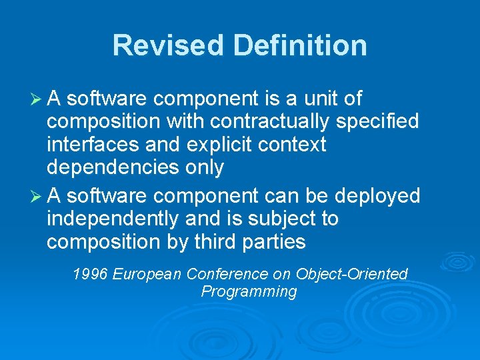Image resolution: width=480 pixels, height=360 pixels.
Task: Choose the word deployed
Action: (x=377, y=195)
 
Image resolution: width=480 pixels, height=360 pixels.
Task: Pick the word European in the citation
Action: (x=148, y=273)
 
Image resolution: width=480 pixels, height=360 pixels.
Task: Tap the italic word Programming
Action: (x=249, y=291)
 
